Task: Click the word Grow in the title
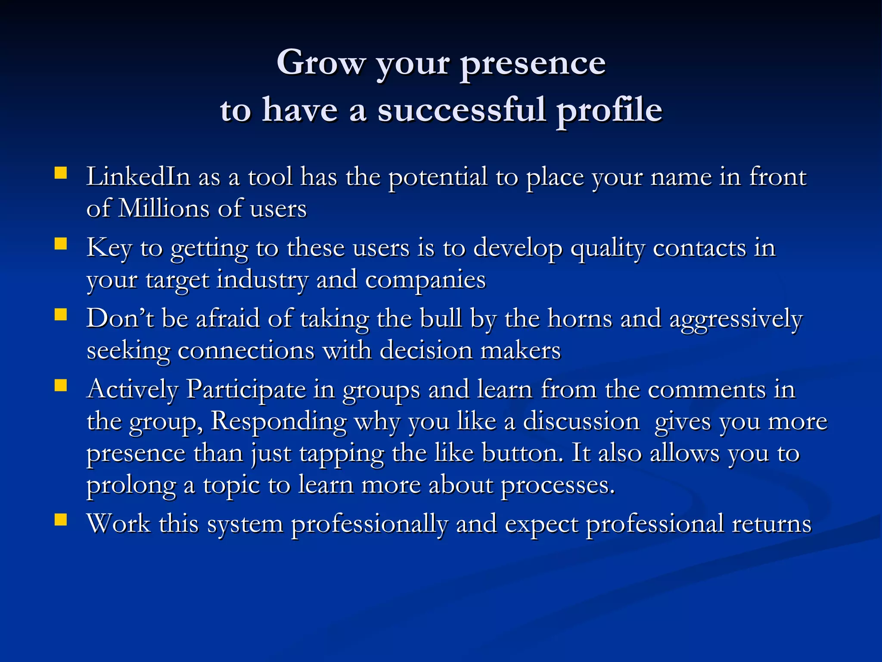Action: tap(321, 63)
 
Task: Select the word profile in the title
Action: tap(609, 110)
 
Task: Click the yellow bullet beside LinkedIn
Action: tap(61, 173)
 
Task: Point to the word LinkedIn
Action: tap(138, 177)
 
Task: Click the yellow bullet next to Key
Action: tap(61, 244)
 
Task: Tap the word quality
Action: tap(607, 249)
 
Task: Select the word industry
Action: tap(262, 280)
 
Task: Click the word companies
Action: tap(425, 280)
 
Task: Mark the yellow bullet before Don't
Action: tap(61, 315)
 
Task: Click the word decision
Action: tap(426, 350)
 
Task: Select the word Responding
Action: tap(279, 422)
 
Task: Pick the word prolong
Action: tap(131, 486)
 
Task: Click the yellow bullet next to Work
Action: tap(61, 520)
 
